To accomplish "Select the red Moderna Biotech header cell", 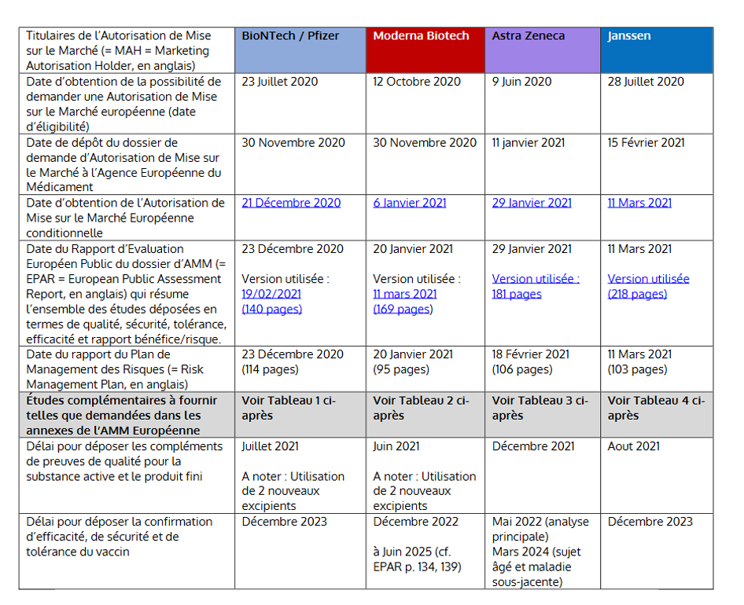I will pos(421,36).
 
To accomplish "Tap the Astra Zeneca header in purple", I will pos(529,36).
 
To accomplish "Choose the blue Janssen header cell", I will pos(629,36).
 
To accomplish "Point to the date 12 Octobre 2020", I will pos(417,82).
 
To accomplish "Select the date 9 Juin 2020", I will pos(522,82).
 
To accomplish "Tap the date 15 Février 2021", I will pos(646,143).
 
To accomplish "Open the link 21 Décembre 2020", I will pos(291,203).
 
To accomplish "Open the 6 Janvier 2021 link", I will pos(410,203).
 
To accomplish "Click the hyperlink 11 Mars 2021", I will pos(639,203).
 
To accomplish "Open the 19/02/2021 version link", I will pos(271,294).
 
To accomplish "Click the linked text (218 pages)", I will pos(637,294).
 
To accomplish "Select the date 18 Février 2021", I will pos(531,354).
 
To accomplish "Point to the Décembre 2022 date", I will pos(414,522).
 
